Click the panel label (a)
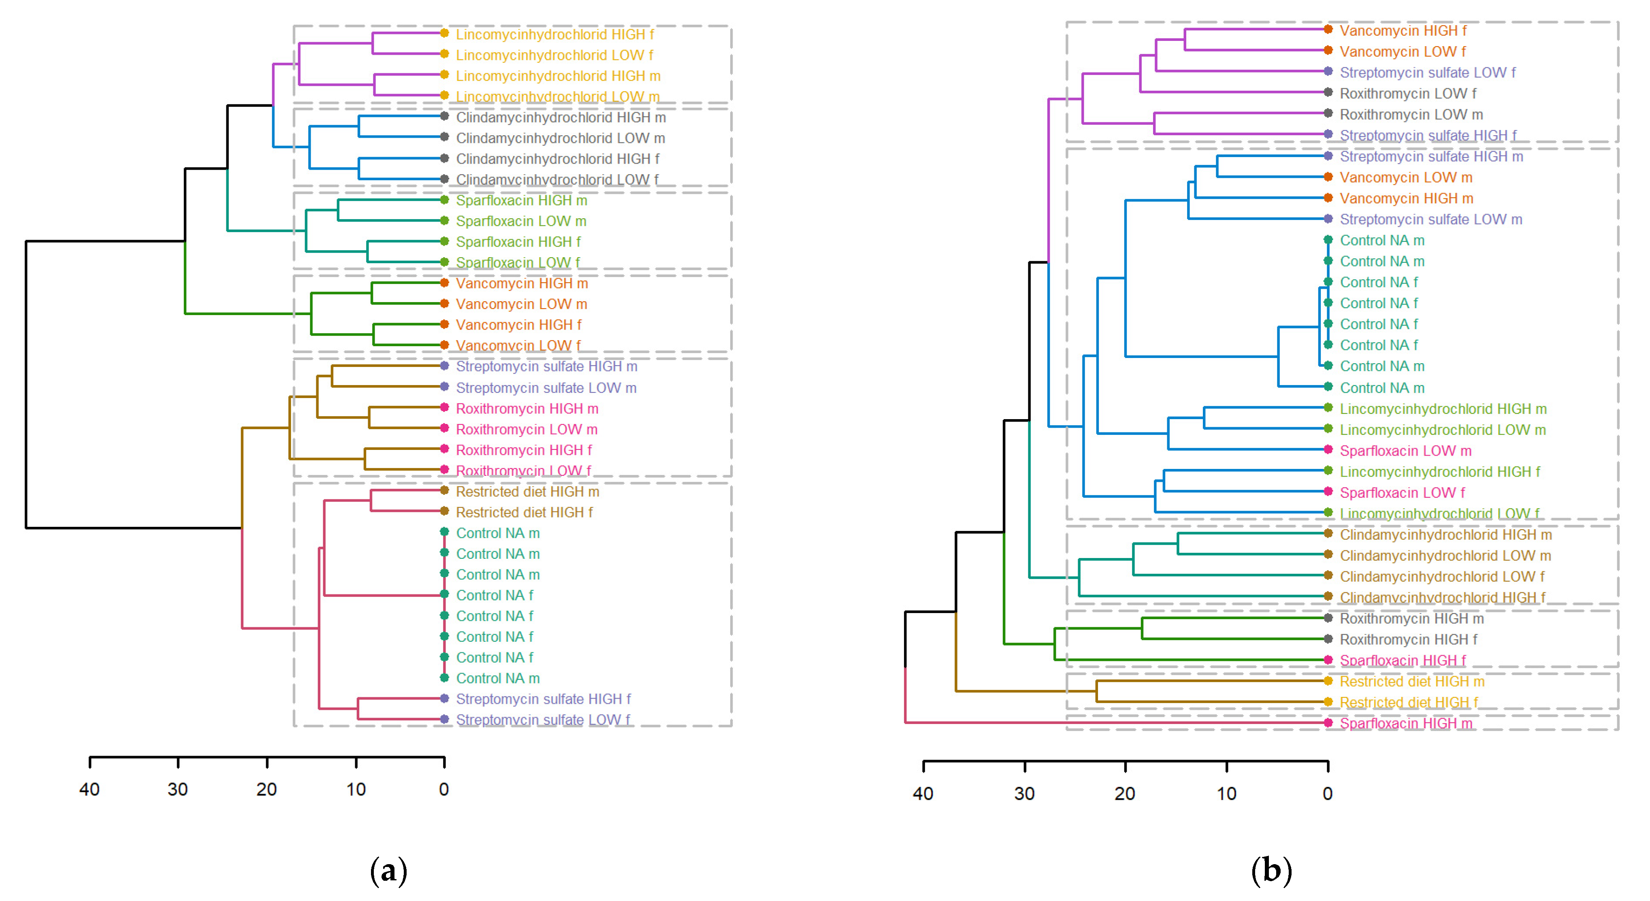(x=388, y=871)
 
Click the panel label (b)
(x=1271, y=871)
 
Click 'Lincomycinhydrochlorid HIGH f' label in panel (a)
(x=555, y=34)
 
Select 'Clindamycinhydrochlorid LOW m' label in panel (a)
(x=560, y=138)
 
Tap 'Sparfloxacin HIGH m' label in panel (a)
(x=521, y=200)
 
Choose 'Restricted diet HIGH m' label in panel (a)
(x=527, y=492)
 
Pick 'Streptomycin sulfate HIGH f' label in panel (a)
(x=543, y=699)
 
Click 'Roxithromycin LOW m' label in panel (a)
(x=527, y=429)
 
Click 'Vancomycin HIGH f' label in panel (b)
(x=1403, y=31)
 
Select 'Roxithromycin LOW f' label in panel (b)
(x=1408, y=94)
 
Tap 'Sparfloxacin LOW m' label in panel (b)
(x=1405, y=451)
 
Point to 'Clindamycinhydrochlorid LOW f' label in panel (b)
(x=1442, y=576)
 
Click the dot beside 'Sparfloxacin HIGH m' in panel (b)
(x=1328, y=722)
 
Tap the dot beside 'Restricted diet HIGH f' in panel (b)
(x=1328, y=702)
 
